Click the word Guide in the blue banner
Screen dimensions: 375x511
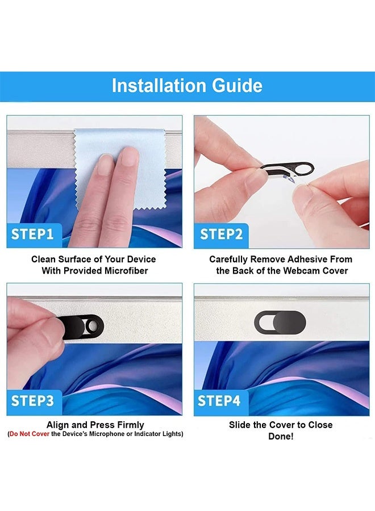(x=237, y=86)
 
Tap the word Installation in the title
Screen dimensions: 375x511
(x=160, y=86)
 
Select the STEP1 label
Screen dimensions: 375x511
(x=32, y=234)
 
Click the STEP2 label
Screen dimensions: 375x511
(x=222, y=234)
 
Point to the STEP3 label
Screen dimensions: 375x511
(x=32, y=401)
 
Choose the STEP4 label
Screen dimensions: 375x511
(x=219, y=401)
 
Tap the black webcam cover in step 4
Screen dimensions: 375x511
(x=280, y=322)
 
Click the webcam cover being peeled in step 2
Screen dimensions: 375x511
(x=287, y=169)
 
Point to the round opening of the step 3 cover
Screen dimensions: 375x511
(x=91, y=325)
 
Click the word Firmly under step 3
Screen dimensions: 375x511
(x=131, y=425)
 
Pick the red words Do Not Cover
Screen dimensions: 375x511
(x=30, y=434)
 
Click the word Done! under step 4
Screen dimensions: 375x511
(x=281, y=437)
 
